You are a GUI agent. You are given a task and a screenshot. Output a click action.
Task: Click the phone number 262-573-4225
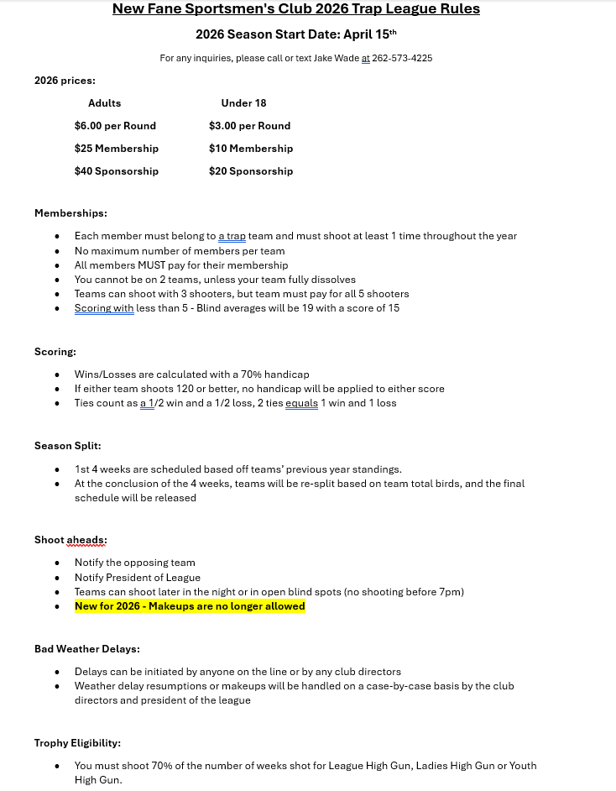coord(402,58)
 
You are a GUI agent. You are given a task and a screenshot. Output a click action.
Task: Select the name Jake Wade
coord(337,58)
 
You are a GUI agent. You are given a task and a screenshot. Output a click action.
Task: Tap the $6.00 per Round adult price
coord(115,126)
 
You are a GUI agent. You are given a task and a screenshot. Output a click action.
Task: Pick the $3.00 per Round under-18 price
coord(249,126)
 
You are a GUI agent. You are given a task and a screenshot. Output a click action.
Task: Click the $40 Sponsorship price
coord(116,171)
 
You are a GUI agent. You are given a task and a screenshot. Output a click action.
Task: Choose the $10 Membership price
coord(251,149)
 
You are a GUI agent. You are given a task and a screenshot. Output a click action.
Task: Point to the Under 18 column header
coord(243,103)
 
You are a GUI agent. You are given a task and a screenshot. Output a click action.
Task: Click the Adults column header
coord(104,103)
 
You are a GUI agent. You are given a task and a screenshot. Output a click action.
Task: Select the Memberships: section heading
coord(70,213)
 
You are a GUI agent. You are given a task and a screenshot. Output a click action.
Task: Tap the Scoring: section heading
coord(55,352)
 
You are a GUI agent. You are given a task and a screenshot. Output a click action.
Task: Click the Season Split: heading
coord(67,446)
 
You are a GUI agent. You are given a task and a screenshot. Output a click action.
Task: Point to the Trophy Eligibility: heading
coord(77,743)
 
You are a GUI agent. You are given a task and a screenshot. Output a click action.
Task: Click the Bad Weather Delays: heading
coord(86,649)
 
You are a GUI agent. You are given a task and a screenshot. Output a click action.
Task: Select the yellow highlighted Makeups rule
coord(190,606)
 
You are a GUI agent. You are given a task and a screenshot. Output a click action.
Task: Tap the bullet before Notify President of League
coord(57,578)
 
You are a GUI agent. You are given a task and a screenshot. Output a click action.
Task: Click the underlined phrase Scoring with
coord(104,308)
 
